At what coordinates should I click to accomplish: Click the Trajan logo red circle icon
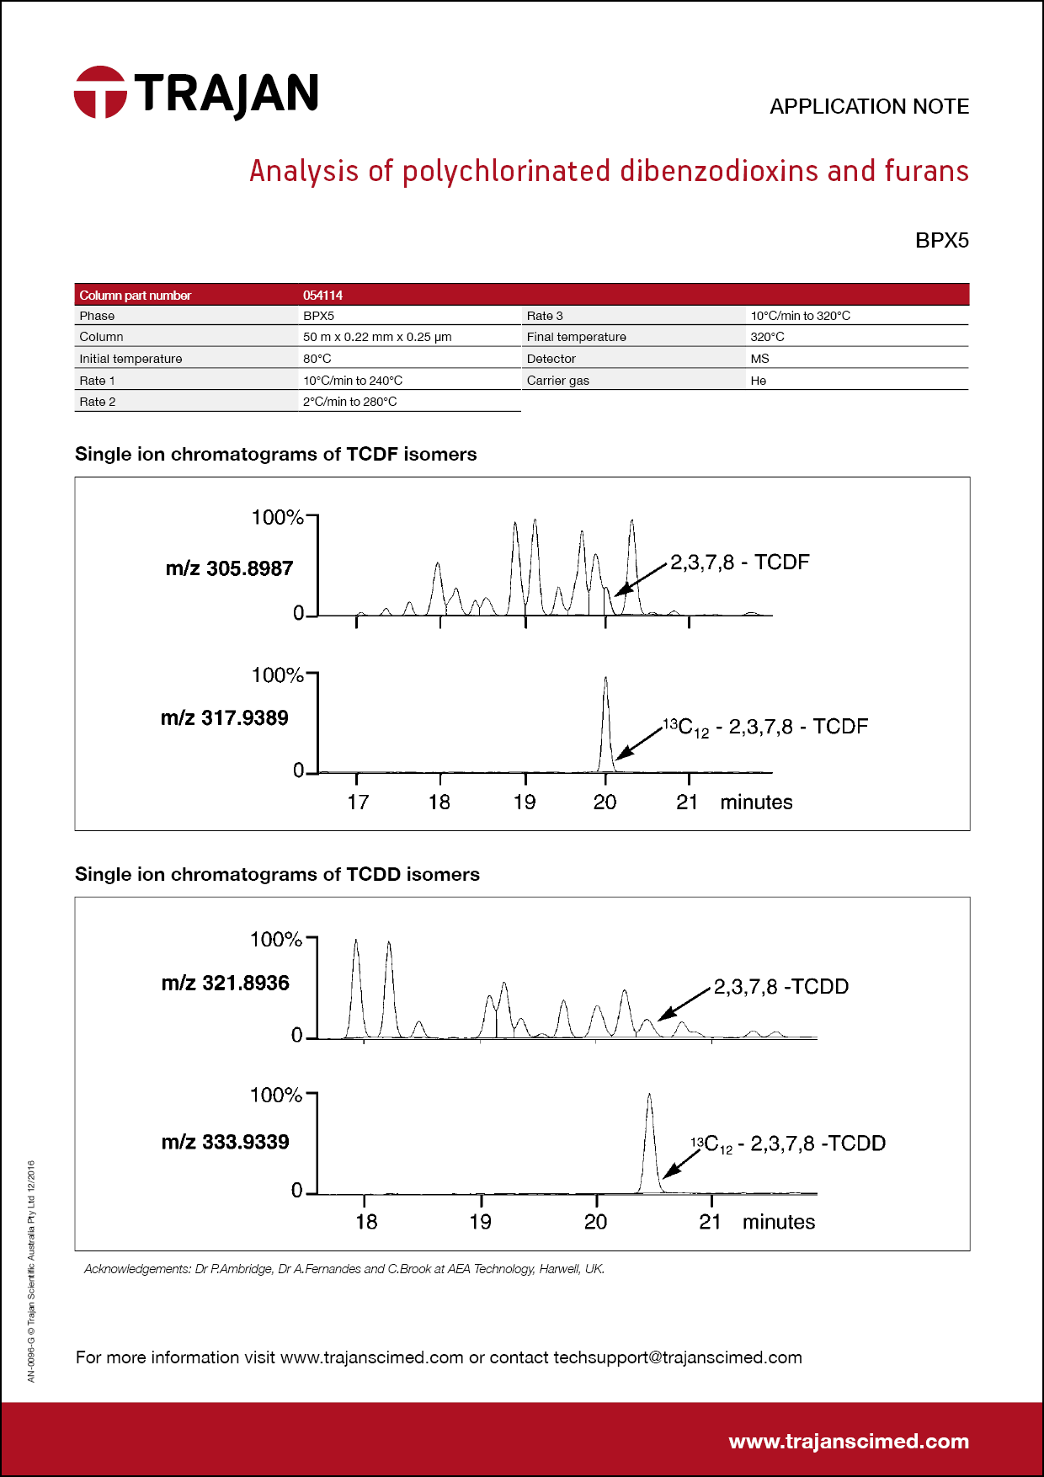pyautogui.click(x=100, y=93)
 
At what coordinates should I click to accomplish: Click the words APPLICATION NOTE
pyautogui.click(x=869, y=107)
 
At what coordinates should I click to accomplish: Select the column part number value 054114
pyautogui.click(x=322, y=296)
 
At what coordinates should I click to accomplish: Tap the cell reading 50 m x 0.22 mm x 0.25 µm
pyautogui.click(x=377, y=337)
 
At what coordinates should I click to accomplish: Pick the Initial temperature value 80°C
pyautogui.click(x=317, y=359)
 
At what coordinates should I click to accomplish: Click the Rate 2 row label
pyautogui.click(x=98, y=402)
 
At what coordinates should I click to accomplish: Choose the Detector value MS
pyautogui.click(x=759, y=359)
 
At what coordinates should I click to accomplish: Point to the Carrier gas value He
pyautogui.click(x=758, y=381)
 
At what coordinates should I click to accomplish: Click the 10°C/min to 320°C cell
pyautogui.click(x=800, y=316)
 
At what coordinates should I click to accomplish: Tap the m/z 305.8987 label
pyautogui.click(x=229, y=568)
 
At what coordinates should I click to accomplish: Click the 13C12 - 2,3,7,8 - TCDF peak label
pyautogui.click(x=765, y=727)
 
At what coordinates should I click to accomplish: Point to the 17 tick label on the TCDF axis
pyautogui.click(x=358, y=802)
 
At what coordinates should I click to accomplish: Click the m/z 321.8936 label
pyautogui.click(x=225, y=983)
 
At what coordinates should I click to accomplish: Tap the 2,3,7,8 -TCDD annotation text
pyautogui.click(x=780, y=986)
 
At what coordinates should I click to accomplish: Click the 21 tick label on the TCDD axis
pyautogui.click(x=710, y=1222)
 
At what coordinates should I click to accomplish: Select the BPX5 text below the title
pyautogui.click(x=941, y=241)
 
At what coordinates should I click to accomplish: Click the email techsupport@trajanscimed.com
pyautogui.click(x=677, y=1357)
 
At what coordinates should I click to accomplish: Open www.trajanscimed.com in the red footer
pyautogui.click(x=848, y=1441)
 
